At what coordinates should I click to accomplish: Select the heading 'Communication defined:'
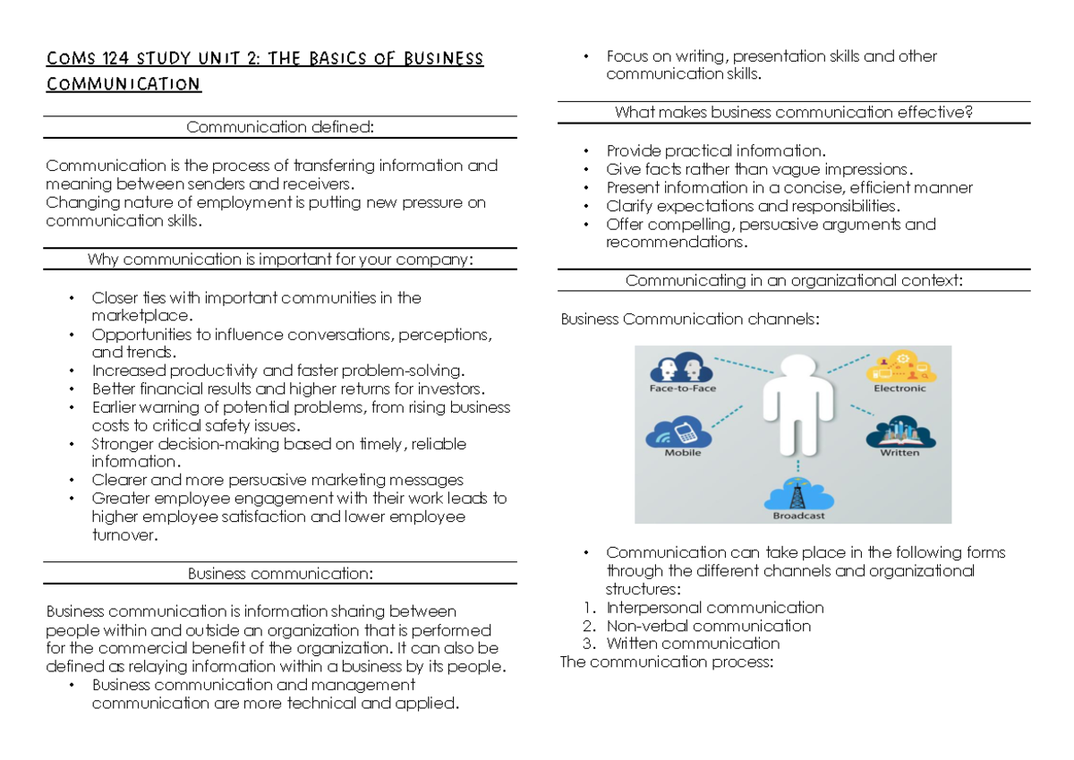(x=279, y=127)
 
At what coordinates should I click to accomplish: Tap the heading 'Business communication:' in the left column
(x=279, y=573)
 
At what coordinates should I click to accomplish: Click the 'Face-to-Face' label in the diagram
(x=683, y=389)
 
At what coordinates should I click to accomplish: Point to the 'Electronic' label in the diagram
(x=899, y=389)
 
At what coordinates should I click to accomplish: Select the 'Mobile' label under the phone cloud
(x=683, y=453)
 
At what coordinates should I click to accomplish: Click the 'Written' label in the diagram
(x=899, y=453)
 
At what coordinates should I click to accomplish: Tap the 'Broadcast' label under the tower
(x=798, y=516)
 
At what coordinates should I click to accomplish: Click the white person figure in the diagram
(x=794, y=403)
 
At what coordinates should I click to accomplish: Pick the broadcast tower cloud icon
(x=798, y=492)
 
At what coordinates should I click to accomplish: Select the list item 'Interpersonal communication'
(x=714, y=608)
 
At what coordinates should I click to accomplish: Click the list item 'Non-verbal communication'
(x=708, y=626)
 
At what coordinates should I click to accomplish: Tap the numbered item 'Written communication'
(x=693, y=644)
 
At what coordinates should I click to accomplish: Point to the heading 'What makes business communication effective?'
(x=793, y=113)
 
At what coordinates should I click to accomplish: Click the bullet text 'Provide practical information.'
(x=715, y=150)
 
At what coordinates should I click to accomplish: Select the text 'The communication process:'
(x=665, y=662)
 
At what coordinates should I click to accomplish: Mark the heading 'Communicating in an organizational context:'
(x=793, y=281)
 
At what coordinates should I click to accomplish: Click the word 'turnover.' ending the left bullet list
(x=124, y=535)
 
